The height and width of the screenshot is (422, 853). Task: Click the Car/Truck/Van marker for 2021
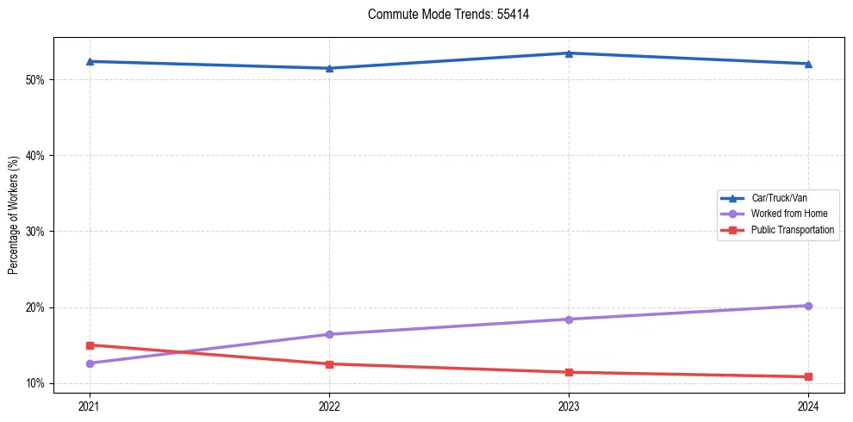[90, 61]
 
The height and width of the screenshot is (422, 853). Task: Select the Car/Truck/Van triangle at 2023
[569, 53]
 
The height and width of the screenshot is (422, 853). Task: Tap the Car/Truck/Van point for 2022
[329, 68]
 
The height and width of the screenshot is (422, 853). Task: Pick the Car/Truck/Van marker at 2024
[808, 64]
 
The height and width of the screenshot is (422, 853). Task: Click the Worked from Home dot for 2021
[90, 363]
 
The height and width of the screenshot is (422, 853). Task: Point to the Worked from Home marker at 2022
[329, 334]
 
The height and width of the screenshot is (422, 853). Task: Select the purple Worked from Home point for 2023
[569, 320]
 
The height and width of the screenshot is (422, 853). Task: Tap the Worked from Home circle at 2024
[808, 306]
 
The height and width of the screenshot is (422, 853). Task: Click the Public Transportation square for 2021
[90, 345]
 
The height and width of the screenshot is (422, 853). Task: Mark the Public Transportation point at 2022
[329, 364]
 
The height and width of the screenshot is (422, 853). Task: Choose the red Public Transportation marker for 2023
[569, 372]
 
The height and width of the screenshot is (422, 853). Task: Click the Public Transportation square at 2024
[808, 376]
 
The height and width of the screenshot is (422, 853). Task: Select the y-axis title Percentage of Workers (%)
[13, 215]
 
